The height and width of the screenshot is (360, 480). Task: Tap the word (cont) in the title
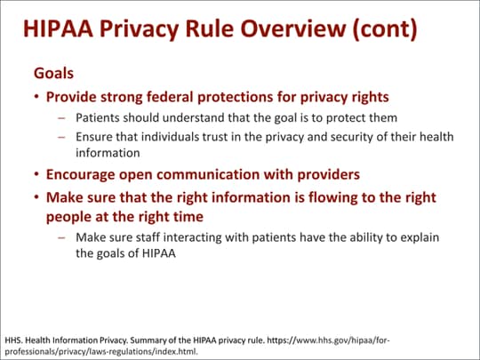[385, 29]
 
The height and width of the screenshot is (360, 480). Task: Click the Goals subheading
[53, 73]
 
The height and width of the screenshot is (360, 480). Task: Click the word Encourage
[81, 175]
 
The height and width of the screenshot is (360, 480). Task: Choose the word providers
[329, 175]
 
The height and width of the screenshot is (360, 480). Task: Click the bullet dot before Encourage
[36, 174]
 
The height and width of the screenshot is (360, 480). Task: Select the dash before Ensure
[62, 137]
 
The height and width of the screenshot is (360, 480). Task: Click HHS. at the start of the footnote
[12, 340]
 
